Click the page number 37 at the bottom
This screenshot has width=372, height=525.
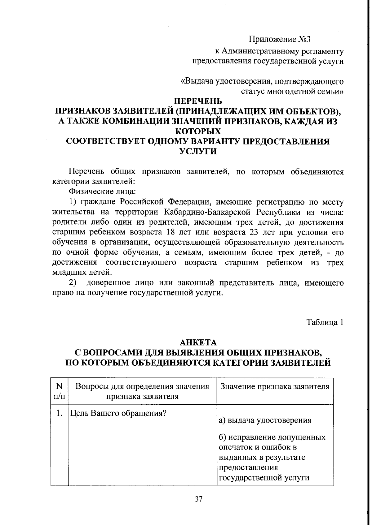pos(199,499)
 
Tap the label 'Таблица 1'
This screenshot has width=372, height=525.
pos(325,322)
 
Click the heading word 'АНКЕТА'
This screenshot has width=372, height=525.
pos(198,342)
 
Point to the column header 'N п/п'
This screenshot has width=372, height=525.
pos(59,391)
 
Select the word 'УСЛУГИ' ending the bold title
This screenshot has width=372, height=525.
pos(198,151)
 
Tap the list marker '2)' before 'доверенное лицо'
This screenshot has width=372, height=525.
pos(73,283)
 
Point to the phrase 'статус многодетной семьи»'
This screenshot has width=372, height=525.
pos(292,92)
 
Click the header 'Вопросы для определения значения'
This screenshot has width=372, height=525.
pos(142,386)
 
